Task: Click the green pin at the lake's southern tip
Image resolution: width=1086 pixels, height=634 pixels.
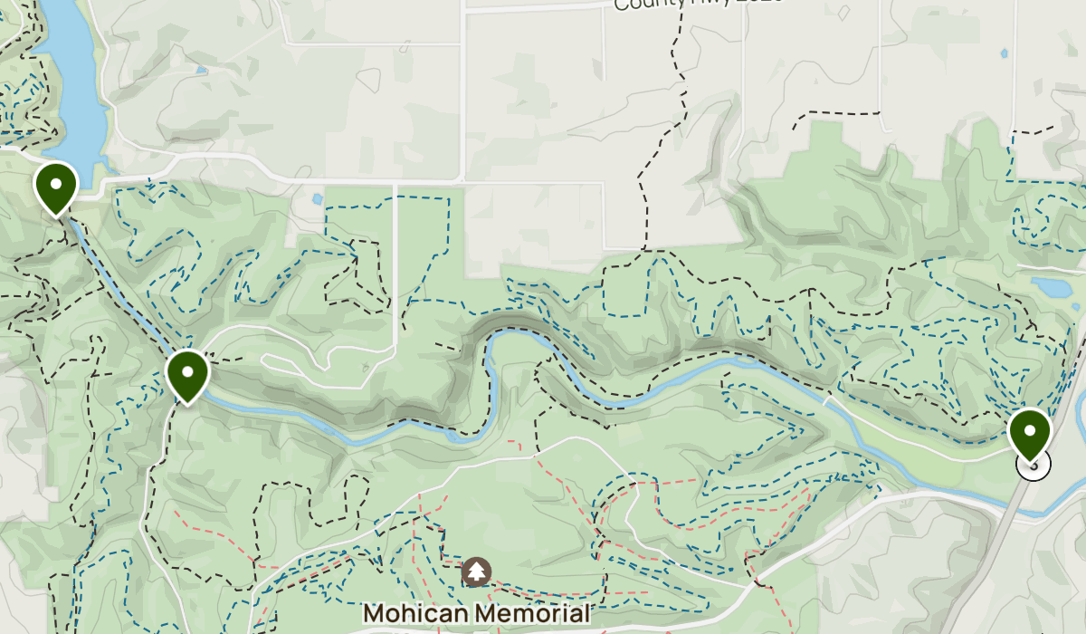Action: [x=56, y=186]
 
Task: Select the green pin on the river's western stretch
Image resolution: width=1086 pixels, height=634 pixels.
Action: [x=188, y=373]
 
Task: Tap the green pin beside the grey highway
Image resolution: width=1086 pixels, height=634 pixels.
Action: [x=1030, y=431]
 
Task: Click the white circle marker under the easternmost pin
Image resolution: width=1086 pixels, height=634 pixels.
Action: [x=1034, y=466]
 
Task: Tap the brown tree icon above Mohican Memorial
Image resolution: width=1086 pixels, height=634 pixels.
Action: [x=476, y=572]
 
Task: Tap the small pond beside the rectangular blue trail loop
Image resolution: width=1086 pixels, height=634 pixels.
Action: [x=316, y=198]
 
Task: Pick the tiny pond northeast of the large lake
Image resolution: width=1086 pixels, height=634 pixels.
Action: [x=201, y=69]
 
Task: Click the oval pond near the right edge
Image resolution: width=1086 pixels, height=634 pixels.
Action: [x=1050, y=288]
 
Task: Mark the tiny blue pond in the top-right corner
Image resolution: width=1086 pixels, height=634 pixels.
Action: [x=1003, y=52]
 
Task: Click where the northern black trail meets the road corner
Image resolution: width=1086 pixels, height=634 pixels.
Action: [x=644, y=248]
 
